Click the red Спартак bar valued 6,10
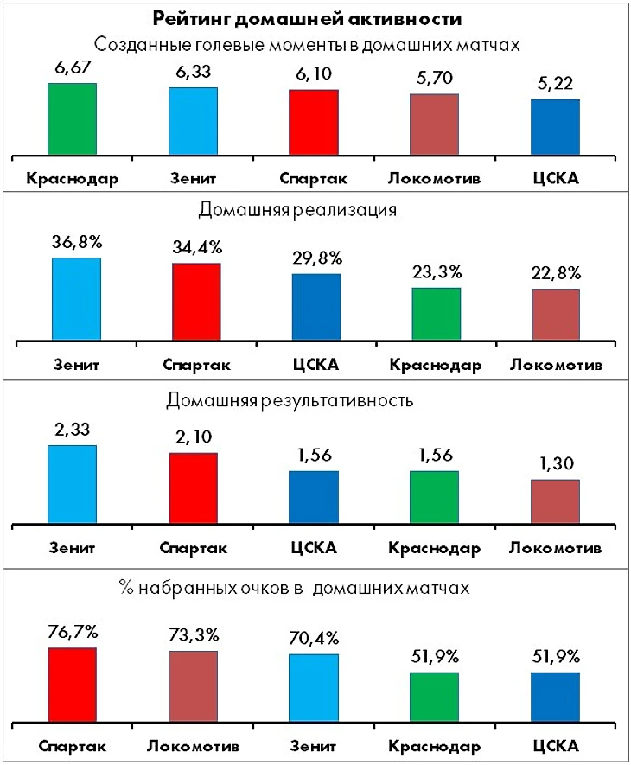tap(313, 123)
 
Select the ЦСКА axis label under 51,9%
tap(554, 746)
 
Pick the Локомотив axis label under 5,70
tap(434, 178)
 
